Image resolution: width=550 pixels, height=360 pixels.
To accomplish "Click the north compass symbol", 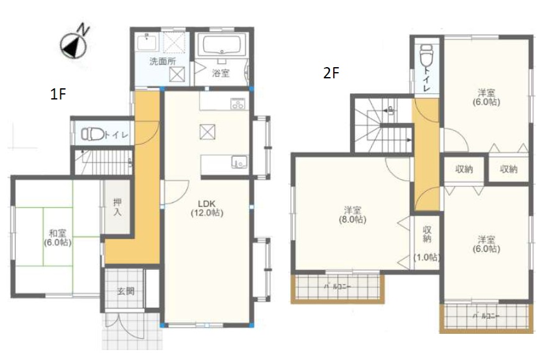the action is [74, 45].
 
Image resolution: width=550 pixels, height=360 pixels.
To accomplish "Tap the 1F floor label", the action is [58, 94].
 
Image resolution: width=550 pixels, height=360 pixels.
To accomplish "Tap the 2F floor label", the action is [331, 73].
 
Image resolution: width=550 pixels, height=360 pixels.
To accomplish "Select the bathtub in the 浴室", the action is [221, 44].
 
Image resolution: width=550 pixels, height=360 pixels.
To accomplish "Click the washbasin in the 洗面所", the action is [147, 42].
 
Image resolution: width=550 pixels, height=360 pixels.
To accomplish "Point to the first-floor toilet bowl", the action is [92, 134].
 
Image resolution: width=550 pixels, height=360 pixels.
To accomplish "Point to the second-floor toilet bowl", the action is [426, 55].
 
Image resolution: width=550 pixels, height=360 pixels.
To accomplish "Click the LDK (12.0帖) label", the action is [207, 208].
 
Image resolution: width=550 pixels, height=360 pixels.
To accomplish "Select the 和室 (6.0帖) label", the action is [58, 238].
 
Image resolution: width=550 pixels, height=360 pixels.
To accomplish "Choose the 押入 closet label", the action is [117, 207].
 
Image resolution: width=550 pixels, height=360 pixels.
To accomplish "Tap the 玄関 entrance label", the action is [125, 291].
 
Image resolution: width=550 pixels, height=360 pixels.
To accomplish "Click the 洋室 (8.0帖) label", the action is [352, 215].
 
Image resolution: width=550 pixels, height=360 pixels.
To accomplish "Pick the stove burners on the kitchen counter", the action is [238, 103].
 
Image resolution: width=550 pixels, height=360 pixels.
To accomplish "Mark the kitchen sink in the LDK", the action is [239, 162].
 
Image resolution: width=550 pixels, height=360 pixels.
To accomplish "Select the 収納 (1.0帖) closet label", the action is [427, 244].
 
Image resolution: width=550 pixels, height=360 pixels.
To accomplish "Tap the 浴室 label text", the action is [221, 73].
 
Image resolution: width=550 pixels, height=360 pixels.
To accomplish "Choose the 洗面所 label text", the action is [162, 62].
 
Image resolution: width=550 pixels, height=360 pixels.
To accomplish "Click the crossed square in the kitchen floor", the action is [208, 132].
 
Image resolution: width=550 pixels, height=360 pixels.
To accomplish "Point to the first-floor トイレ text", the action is [116, 135].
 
